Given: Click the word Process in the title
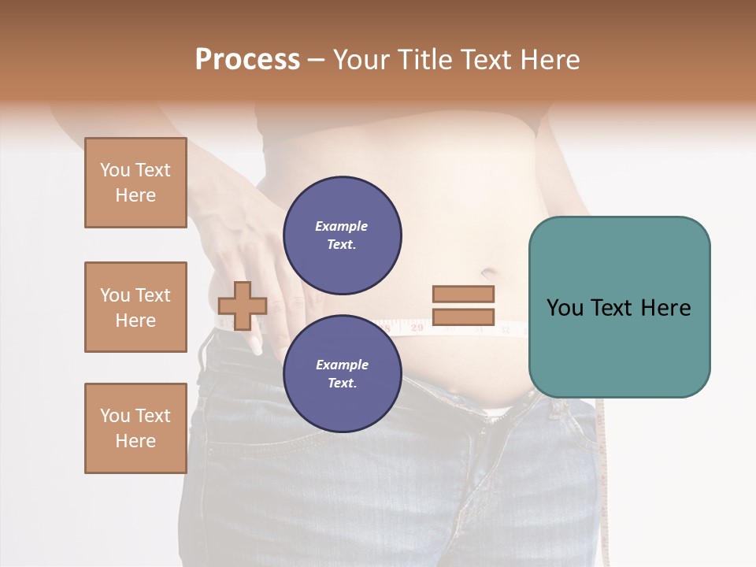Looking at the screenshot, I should tap(247, 59).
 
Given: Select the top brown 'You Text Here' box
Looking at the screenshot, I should tap(135, 183).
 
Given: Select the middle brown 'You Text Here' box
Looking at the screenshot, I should tap(135, 307).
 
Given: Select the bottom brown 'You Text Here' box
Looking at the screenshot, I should tap(135, 428).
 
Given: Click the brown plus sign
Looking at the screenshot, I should tap(243, 306).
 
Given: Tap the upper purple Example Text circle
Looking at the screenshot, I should tap(343, 235).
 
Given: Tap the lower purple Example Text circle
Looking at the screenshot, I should tap(343, 373).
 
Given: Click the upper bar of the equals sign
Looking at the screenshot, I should tap(463, 294).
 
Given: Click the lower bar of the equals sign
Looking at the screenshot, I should tap(463, 317).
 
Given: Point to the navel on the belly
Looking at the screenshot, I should tap(487, 273).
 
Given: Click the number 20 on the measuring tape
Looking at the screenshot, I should tap(417, 325).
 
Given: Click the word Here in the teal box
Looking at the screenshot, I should tap(665, 307).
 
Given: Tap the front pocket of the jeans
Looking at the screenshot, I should tap(236, 394).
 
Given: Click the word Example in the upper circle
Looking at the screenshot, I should tap(341, 226).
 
